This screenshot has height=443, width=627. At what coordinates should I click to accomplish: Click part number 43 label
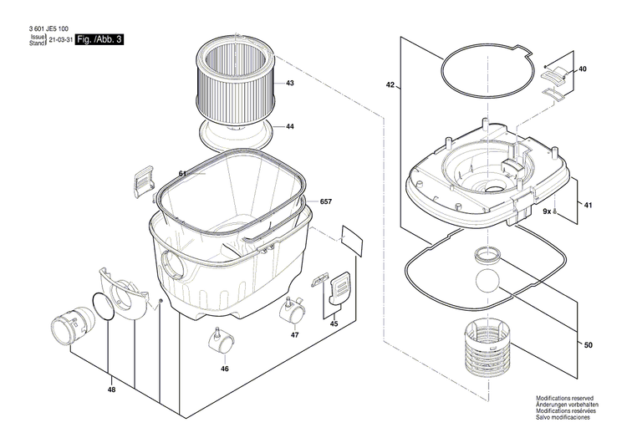tap(289, 84)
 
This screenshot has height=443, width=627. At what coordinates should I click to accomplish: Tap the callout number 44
tap(289, 127)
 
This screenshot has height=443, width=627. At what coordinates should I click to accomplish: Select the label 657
tap(325, 203)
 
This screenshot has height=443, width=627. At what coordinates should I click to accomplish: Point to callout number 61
tap(183, 174)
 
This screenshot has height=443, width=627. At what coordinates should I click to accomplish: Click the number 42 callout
tap(390, 85)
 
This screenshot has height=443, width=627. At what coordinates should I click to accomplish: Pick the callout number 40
tap(583, 69)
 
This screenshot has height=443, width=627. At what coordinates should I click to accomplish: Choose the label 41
tap(588, 206)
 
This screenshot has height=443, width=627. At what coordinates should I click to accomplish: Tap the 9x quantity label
tap(546, 213)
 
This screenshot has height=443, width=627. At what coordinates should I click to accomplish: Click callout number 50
tap(588, 345)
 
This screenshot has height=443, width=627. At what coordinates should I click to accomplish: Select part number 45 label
tap(334, 323)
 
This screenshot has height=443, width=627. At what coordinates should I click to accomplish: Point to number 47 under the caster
tap(294, 334)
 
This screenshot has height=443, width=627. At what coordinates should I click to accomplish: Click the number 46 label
tap(225, 368)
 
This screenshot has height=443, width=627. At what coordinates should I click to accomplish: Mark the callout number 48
tap(112, 390)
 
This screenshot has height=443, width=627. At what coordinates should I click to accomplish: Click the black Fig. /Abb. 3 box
tap(99, 40)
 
